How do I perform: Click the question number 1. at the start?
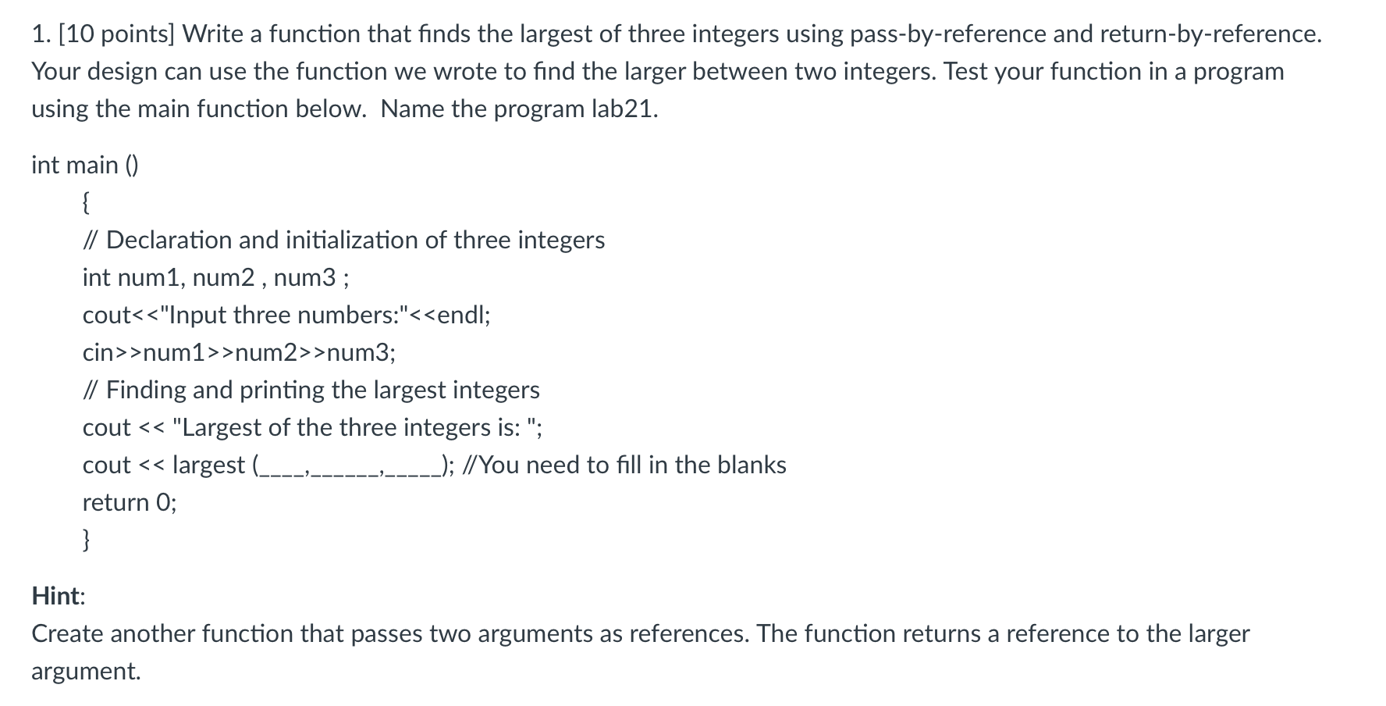[41, 34]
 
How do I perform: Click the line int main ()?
[85, 165]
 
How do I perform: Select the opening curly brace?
[87, 203]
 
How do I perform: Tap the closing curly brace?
[87, 539]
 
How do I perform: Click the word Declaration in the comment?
[169, 240]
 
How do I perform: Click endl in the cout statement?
[461, 315]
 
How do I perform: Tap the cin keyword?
[98, 353]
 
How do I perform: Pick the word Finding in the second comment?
[146, 390]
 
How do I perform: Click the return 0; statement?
[130, 502]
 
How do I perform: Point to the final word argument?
[86, 672]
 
